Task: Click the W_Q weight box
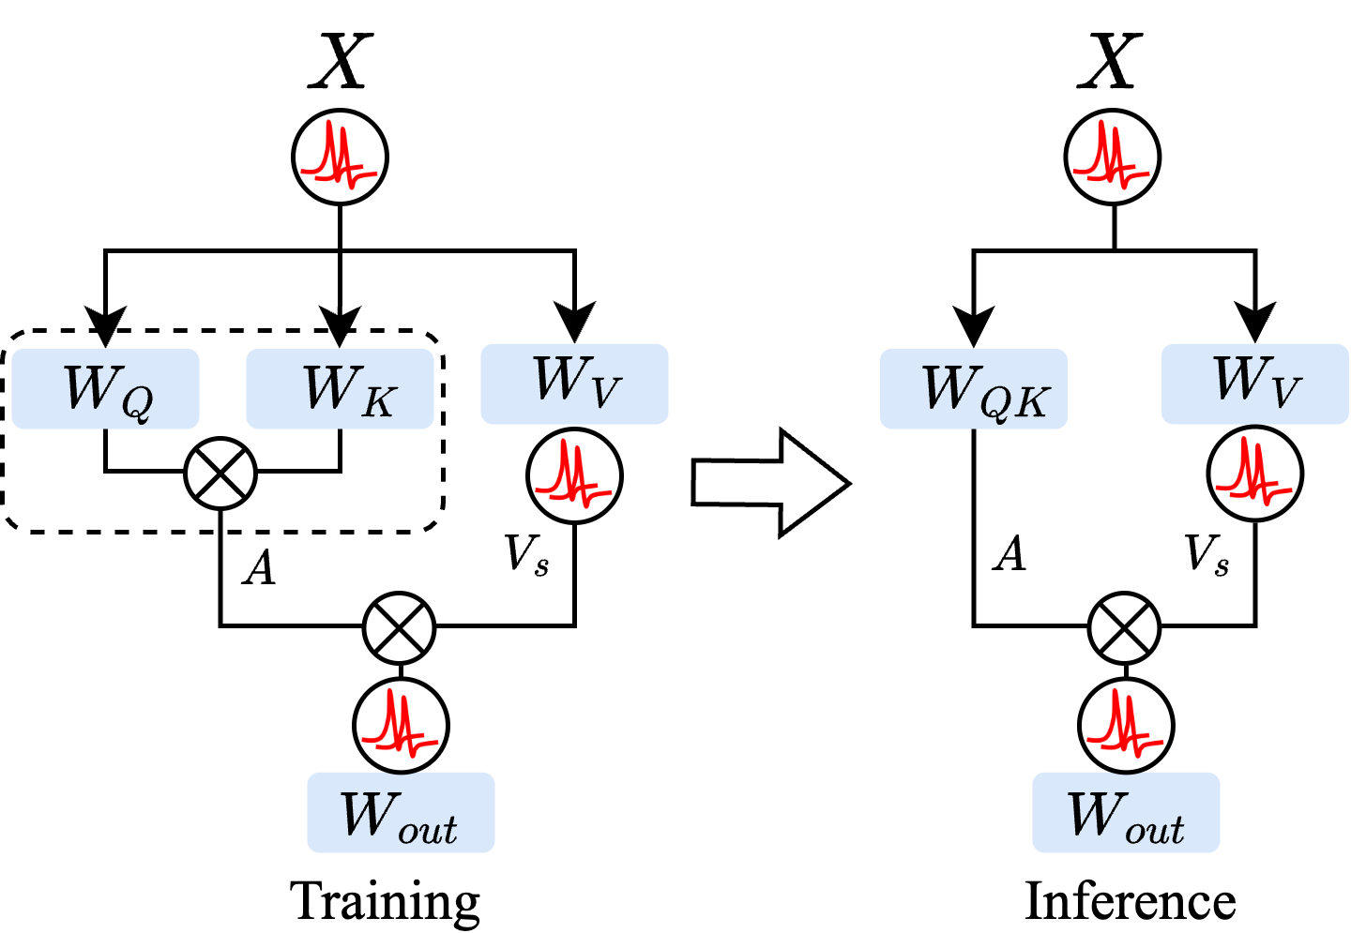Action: coord(105,389)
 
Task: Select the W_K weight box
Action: coord(340,389)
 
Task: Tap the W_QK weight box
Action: coord(973,389)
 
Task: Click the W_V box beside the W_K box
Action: coord(574,384)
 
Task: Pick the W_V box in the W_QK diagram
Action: coord(1254,384)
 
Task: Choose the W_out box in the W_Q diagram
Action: coord(401,812)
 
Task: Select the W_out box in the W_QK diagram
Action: coord(1126,812)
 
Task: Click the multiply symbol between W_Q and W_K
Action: coord(220,474)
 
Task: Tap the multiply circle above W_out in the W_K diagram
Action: coord(399,628)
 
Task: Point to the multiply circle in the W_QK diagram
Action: coord(1124,628)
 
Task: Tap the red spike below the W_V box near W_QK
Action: coord(1253,474)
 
